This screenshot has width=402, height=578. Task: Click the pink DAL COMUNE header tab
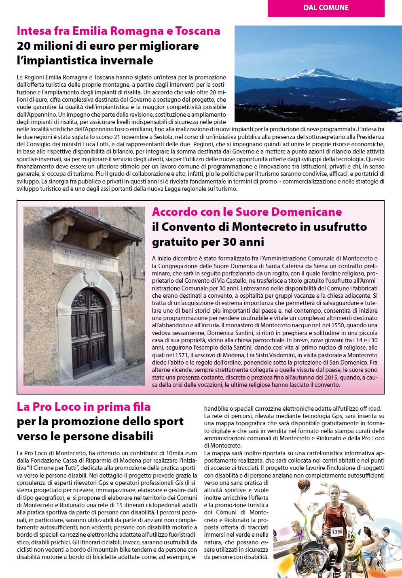326,8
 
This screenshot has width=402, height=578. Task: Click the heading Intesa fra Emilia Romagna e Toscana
118,31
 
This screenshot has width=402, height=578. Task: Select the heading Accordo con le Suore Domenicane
247,212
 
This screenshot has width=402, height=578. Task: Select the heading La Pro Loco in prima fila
84,406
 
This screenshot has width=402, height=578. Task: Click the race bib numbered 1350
336,531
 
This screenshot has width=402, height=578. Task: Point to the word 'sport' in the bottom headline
169,421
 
